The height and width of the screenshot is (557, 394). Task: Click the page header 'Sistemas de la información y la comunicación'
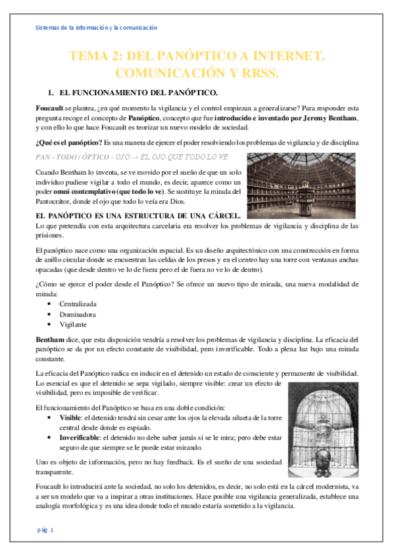coord(95,28)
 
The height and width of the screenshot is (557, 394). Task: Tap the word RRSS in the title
coord(262,72)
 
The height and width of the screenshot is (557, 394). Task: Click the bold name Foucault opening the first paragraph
coord(50,106)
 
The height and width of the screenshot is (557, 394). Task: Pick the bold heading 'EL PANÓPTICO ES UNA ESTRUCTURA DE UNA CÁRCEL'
coord(138,215)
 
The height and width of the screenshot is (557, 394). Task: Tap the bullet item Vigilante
coord(74,324)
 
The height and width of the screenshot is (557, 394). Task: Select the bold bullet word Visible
coord(70,416)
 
